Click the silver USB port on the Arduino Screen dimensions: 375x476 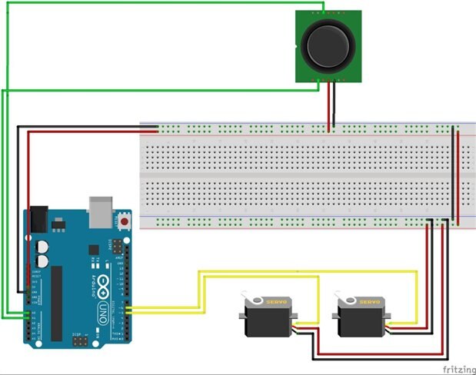[101, 210]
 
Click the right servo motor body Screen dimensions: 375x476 [360, 317]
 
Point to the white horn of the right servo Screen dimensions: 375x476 [342, 297]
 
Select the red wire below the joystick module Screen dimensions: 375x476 [333, 108]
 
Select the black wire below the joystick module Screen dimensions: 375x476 [328, 108]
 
